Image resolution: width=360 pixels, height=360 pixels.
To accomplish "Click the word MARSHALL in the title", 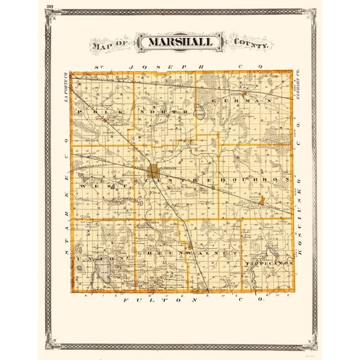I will click(179, 42).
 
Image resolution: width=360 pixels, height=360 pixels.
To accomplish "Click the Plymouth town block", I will click(155, 170).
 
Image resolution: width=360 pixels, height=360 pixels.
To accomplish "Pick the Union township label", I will click(96, 257).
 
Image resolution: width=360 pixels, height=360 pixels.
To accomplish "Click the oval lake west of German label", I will click(199, 113).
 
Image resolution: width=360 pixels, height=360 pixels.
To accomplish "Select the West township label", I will click(97, 185).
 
